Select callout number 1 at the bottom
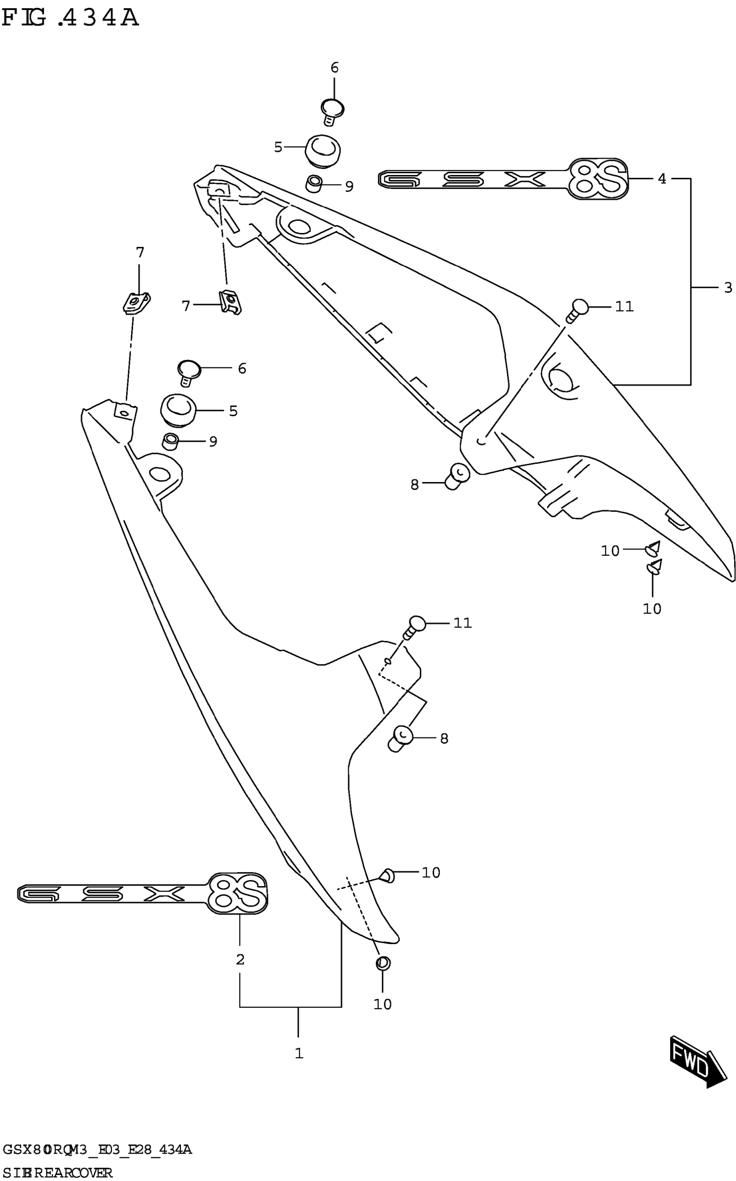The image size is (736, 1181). tap(299, 1053)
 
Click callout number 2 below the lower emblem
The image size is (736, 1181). tap(240, 960)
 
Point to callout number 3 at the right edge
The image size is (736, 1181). tap(728, 288)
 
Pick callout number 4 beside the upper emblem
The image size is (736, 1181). tap(662, 179)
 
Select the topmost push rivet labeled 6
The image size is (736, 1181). tap(332, 111)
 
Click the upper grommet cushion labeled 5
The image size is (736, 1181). tap(322, 148)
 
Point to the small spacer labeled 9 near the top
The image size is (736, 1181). tap(314, 184)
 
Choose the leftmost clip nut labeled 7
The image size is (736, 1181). tap(136, 303)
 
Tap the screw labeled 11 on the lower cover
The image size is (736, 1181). tap(415, 628)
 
